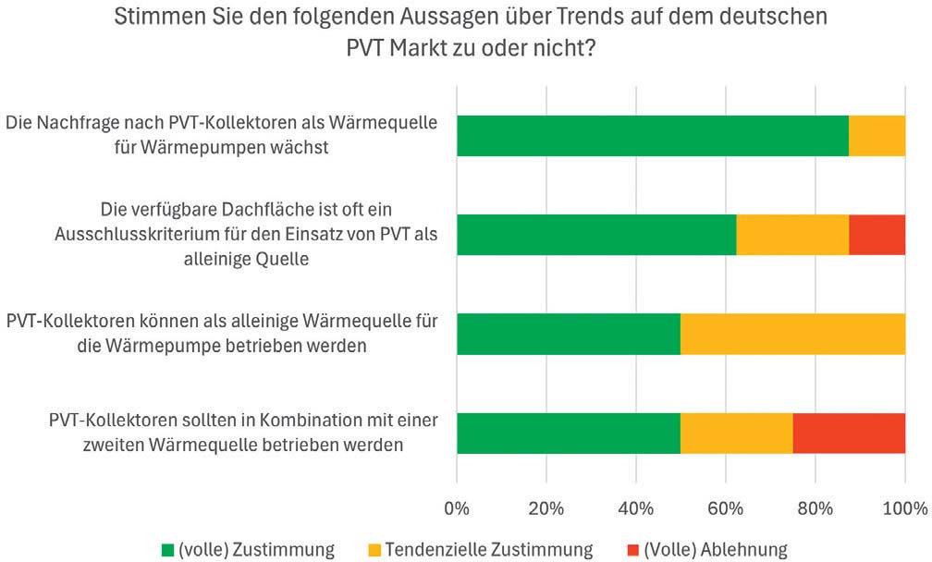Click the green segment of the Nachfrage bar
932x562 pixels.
652,136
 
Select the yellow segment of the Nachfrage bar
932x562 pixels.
877,136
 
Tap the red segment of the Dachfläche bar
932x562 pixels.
877,235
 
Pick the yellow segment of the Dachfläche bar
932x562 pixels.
792,235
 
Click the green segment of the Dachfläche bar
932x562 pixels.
596,235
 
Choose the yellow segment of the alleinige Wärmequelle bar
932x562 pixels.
792,334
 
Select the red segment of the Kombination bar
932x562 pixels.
849,433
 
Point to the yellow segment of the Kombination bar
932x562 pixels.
736,433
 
